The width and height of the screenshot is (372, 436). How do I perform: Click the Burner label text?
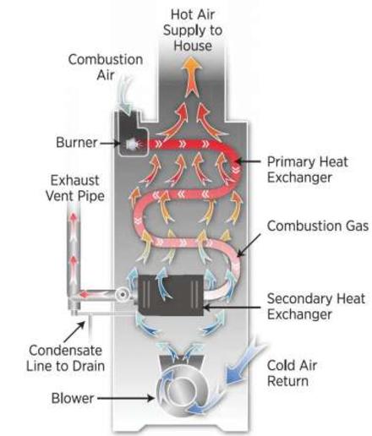point(76,142)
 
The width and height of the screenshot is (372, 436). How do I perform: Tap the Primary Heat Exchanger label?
point(307,170)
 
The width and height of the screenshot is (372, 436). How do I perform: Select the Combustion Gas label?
point(318,226)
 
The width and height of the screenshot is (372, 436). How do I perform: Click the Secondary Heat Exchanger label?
point(315,307)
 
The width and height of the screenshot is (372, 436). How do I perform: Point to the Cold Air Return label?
point(292,373)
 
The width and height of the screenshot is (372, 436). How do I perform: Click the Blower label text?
point(73,398)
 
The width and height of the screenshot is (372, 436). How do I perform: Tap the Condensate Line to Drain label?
point(65,358)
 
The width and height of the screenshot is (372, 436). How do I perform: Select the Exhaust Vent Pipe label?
point(75,188)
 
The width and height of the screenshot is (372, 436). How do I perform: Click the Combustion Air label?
point(106,67)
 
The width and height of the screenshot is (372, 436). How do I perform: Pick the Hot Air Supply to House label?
point(193,30)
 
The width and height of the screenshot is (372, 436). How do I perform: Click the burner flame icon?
point(133,144)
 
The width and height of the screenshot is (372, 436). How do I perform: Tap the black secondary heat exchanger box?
point(171,295)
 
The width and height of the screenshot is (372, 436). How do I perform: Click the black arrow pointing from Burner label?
point(110,143)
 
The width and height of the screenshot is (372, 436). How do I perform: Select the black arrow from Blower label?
point(126,398)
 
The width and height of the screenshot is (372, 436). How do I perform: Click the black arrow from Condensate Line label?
point(74,332)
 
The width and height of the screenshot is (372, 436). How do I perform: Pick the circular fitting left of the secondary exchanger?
point(123,295)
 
